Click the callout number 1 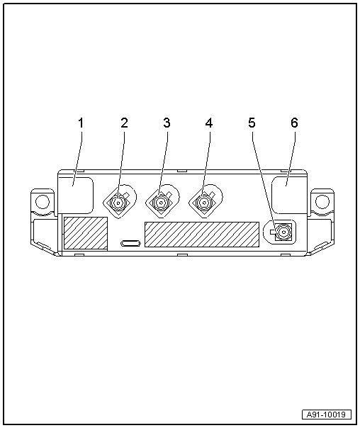click(81, 123)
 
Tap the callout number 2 click(124, 123)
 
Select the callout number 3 click(167, 123)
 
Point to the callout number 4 click(209, 123)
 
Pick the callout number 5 click(252, 123)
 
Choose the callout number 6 click(294, 123)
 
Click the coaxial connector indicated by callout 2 click(118, 203)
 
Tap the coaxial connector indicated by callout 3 click(162, 203)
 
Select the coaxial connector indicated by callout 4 click(204, 203)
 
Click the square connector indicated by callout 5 click(283, 232)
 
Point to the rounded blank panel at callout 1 click(76, 195)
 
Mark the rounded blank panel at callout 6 click(289, 195)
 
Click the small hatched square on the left click(86, 233)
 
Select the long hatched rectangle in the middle click(202, 235)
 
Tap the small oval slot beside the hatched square click(130, 243)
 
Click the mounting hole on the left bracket click(43, 202)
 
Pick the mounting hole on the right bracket click(322, 202)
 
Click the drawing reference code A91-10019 click(327, 415)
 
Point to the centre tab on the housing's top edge click(182, 171)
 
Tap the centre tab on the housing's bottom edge click(182, 254)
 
